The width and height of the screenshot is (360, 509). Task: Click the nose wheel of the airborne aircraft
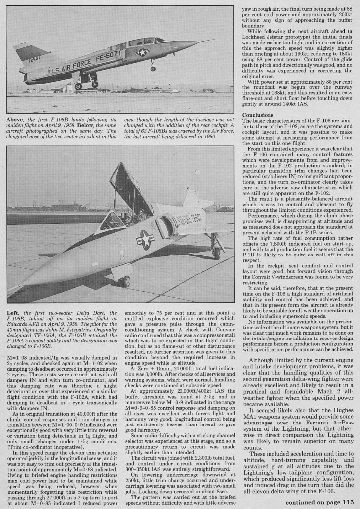click(153, 68)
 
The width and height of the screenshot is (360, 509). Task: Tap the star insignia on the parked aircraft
click(145, 239)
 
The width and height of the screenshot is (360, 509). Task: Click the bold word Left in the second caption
click(14, 312)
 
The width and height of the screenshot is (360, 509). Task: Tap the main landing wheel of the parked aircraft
click(216, 253)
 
